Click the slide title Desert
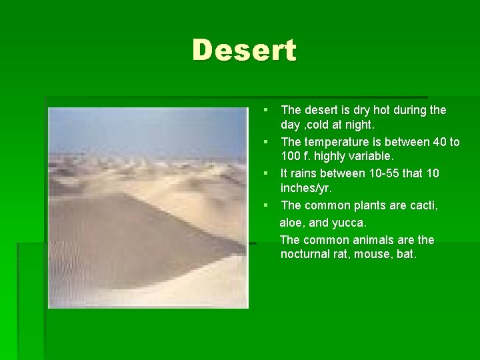pos(244,51)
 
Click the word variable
pos(371,157)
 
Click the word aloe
pos(292,221)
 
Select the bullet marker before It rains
pos(265,173)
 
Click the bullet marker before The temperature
pos(265,141)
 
